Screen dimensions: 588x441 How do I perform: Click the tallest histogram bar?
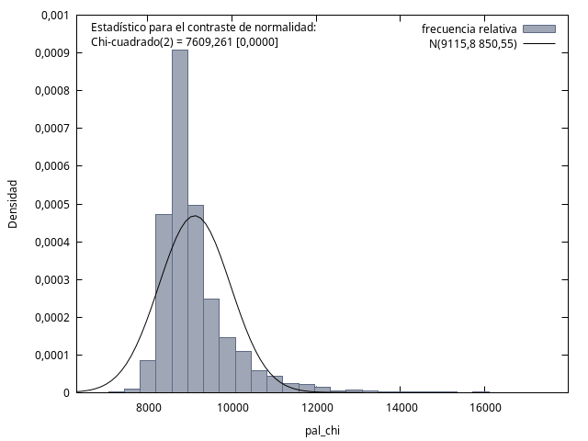(180, 221)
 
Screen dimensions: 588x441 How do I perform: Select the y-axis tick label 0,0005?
(52, 205)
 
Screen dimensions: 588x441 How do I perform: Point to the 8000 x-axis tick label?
(149, 408)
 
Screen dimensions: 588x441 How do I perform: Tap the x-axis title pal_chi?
(322, 431)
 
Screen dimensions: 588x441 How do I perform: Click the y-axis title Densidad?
(13, 204)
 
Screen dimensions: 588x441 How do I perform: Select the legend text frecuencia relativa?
(469, 28)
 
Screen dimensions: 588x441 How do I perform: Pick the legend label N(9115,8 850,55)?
(473, 44)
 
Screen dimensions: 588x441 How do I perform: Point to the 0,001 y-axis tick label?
(55, 16)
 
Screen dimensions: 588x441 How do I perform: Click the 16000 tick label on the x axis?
(484, 408)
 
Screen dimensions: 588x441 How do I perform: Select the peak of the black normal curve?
(195, 216)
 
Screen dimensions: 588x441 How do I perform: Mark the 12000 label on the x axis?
(316, 408)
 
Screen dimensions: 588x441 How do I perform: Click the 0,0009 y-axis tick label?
(52, 53)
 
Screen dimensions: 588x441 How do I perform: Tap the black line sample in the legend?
(539, 44)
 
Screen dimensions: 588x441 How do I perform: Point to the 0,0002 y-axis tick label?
(52, 318)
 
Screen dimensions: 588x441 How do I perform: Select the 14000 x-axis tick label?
(401, 408)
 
